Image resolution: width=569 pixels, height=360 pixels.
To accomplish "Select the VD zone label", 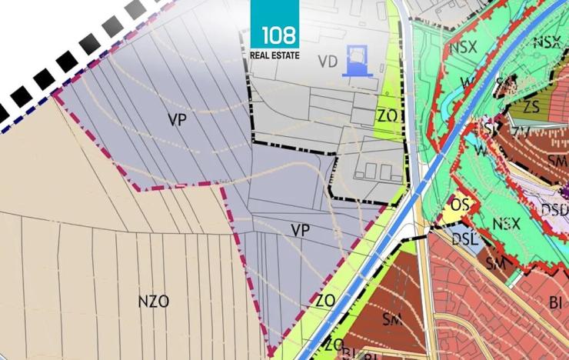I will pyautogui.click(x=328, y=62).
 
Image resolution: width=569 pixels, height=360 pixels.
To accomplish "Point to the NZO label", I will pyautogui.click(x=153, y=302).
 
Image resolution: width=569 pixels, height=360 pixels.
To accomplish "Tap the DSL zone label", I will pyautogui.click(x=465, y=240).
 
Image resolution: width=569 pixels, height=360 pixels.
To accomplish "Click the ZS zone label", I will pyautogui.click(x=531, y=106).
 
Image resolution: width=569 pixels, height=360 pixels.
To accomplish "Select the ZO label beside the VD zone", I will pyautogui.click(x=386, y=115).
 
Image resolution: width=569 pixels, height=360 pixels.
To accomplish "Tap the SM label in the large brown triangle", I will pyautogui.click(x=392, y=318).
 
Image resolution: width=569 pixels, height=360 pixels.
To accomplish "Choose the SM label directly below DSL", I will pyautogui.click(x=495, y=263).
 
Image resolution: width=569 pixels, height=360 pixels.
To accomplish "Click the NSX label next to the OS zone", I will pyautogui.click(x=506, y=225).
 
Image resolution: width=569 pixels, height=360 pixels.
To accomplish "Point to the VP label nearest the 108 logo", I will pyautogui.click(x=178, y=119).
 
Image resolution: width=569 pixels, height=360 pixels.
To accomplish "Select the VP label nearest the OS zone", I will pyautogui.click(x=300, y=229).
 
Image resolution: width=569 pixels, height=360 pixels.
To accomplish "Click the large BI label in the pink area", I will pyautogui.click(x=556, y=302).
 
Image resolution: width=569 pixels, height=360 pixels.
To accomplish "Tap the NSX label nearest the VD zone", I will pyautogui.click(x=463, y=46).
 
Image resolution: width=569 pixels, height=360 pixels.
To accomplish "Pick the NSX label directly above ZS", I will pyautogui.click(x=547, y=42).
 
